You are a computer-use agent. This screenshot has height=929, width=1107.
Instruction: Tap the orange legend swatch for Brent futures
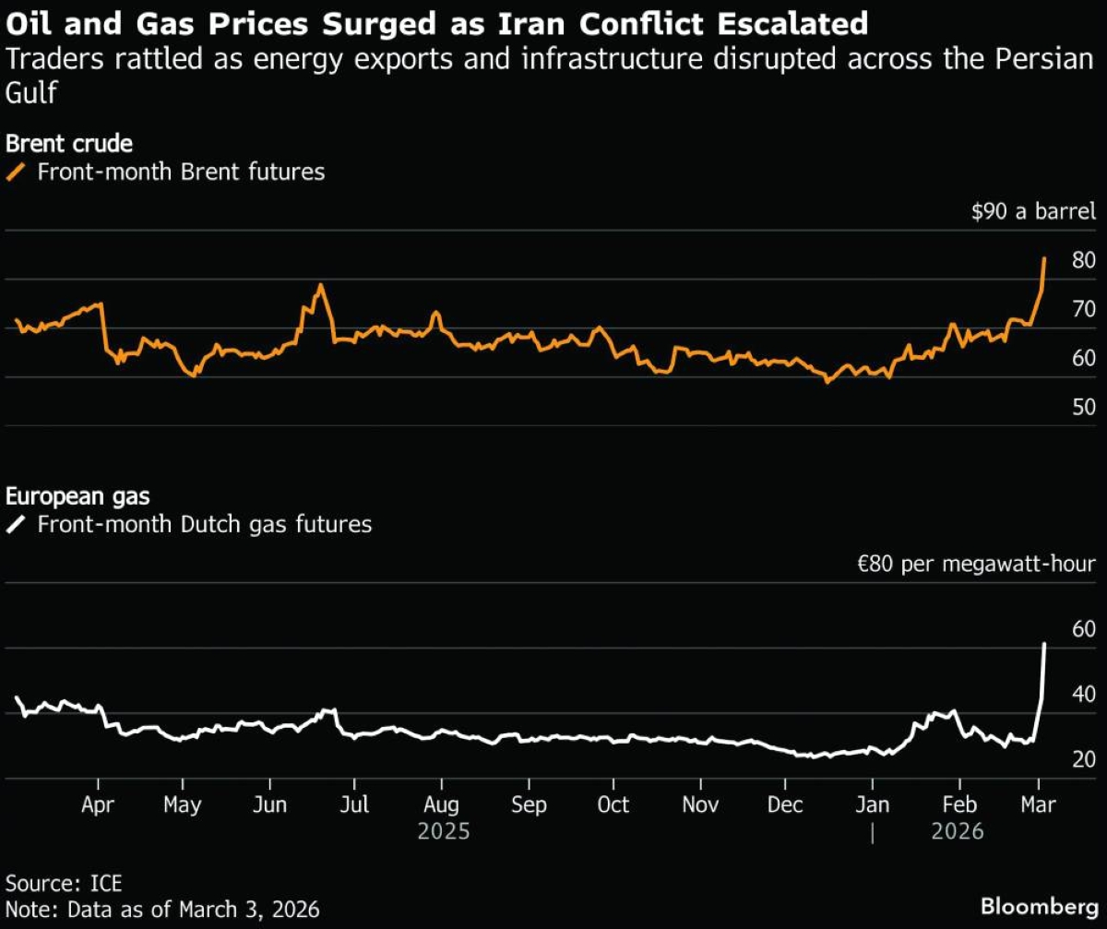17,173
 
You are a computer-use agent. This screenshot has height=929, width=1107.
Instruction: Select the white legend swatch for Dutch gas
17,526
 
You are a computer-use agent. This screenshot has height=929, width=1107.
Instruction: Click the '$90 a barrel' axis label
1033,212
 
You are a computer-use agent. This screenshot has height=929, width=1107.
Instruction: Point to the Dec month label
786,804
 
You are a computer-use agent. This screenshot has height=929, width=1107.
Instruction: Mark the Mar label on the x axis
1039,804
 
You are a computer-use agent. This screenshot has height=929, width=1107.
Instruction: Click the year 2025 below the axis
444,831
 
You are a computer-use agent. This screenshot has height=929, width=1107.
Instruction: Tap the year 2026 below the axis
958,831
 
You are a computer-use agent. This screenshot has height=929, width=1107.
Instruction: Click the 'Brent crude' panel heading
69,144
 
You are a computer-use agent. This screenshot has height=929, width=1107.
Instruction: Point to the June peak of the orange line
320,285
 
